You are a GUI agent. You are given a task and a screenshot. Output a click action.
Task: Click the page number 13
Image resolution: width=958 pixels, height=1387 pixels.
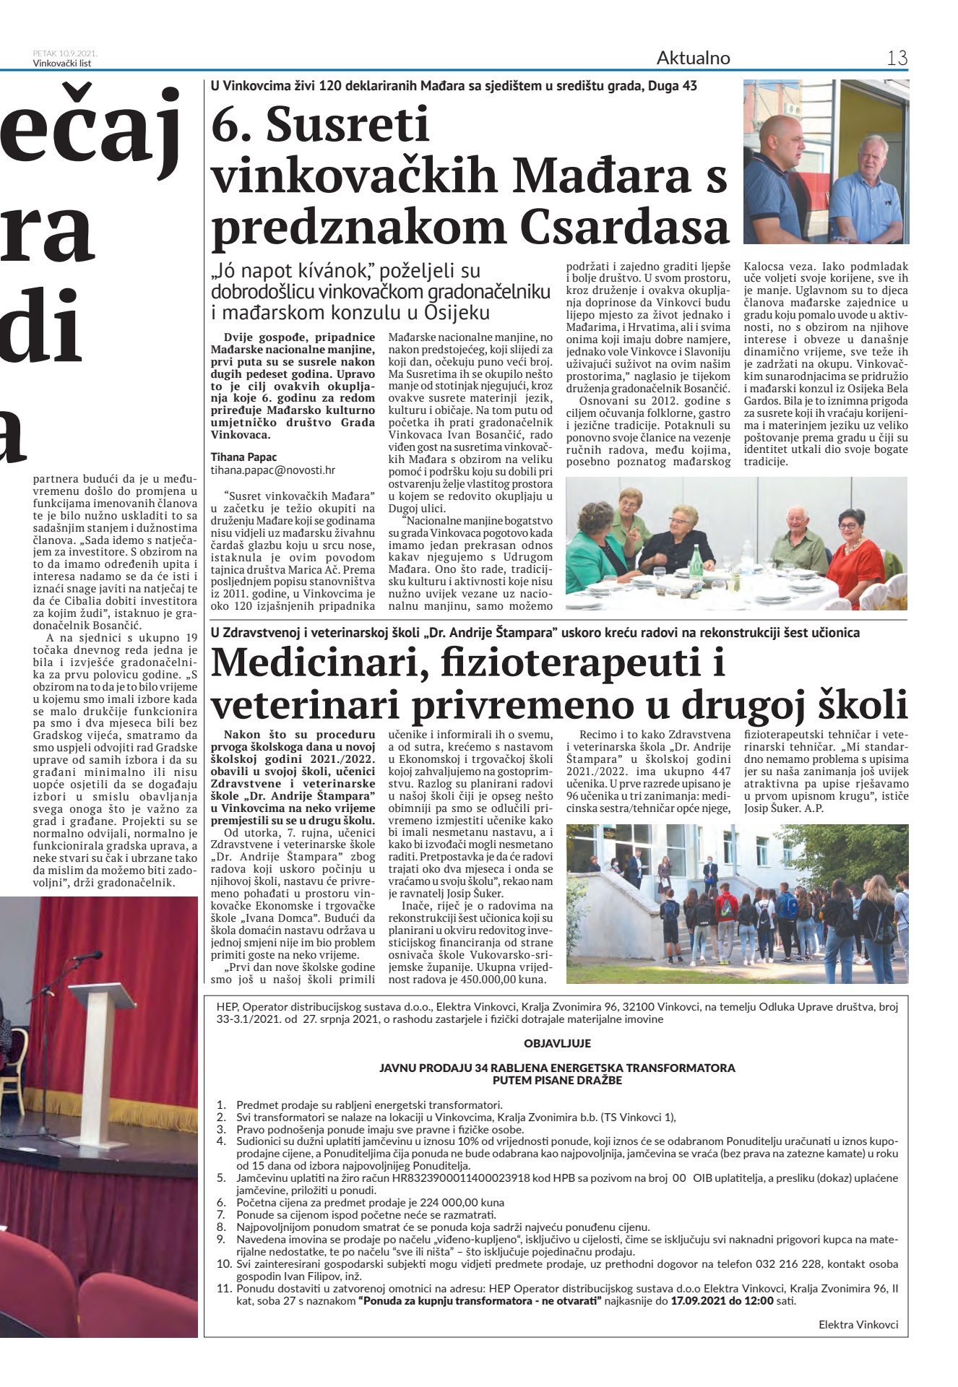(897, 58)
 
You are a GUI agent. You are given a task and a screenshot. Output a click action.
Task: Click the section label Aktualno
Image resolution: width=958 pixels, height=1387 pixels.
(693, 58)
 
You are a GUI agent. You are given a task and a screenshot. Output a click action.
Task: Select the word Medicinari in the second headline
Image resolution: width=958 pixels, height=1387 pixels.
(314, 662)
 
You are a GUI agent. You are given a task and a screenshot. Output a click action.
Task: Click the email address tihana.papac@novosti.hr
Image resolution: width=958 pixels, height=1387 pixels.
(272, 470)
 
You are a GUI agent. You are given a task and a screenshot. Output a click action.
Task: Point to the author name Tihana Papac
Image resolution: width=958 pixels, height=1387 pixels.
(243, 457)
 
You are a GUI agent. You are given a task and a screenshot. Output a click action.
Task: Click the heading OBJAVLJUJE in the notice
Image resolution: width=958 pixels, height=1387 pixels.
(557, 1043)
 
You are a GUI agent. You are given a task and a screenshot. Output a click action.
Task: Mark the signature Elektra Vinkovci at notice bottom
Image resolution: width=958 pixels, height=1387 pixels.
(858, 1324)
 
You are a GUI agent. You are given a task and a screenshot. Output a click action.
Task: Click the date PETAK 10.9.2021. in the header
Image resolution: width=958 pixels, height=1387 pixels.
(65, 53)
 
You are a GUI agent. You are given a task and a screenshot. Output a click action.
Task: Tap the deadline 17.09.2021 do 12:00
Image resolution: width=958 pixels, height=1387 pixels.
(722, 1300)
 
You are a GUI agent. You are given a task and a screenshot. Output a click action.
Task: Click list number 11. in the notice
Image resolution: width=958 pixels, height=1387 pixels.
(223, 1288)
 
